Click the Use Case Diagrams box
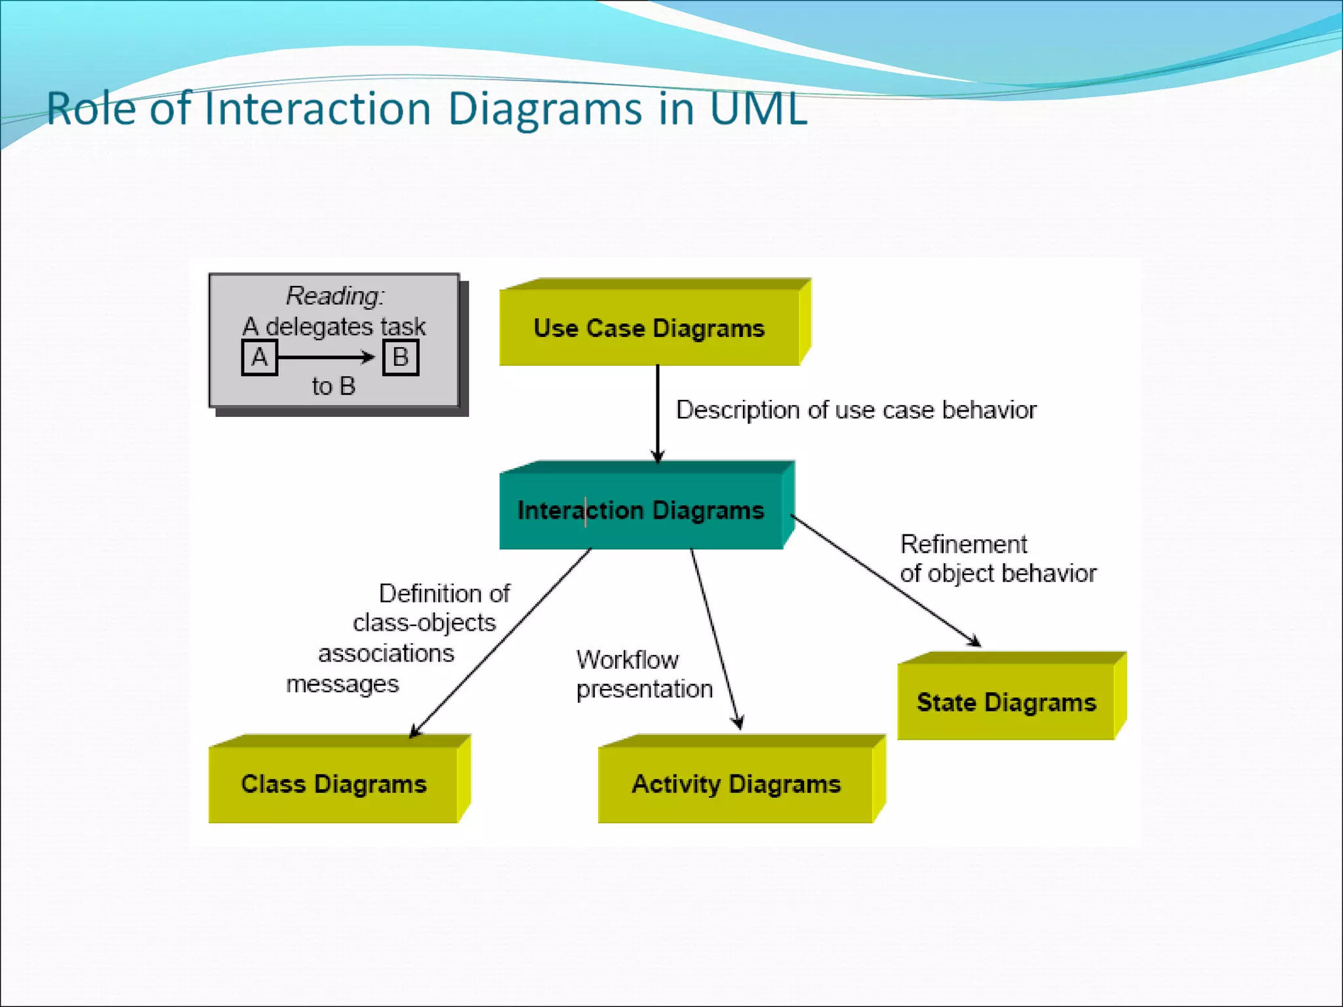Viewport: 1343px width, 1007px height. pyautogui.click(x=649, y=328)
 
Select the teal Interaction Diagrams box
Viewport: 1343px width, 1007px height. pyautogui.click(x=641, y=510)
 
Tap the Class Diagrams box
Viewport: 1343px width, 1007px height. pyautogui.click(x=333, y=784)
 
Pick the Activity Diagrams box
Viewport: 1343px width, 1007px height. pyautogui.click(x=736, y=784)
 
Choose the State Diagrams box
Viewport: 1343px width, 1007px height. pyautogui.click(x=1006, y=702)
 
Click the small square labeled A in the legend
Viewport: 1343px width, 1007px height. pyautogui.click(x=259, y=358)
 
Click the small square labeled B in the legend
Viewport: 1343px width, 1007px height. pyautogui.click(x=400, y=358)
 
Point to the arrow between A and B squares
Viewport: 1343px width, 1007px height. pyautogui.click(x=327, y=358)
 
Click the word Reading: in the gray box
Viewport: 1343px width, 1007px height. pyautogui.click(x=335, y=296)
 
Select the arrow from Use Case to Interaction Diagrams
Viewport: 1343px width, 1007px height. pyautogui.click(x=658, y=413)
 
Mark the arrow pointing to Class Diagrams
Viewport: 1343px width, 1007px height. pyautogui.click(x=502, y=642)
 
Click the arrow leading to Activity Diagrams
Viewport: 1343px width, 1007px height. pyautogui.click(x=715, y=639)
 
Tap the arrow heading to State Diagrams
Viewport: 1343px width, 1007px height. pyautogui.click(x=885, y=581)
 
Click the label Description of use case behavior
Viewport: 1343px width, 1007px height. pyautogui.click(x=856, y=410)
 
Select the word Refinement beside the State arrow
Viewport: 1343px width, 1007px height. pyautogui.click(x=963, y=544)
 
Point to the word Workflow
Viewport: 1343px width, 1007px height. pyautogui.click(x=628, y=660)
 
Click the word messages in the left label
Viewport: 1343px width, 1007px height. pyautogui.click(x=342, y=684)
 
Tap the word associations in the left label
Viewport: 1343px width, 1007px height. pyautogui.click(x=386, y=654)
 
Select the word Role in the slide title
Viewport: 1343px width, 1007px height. pyautogui.click(x=91, y=108)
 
